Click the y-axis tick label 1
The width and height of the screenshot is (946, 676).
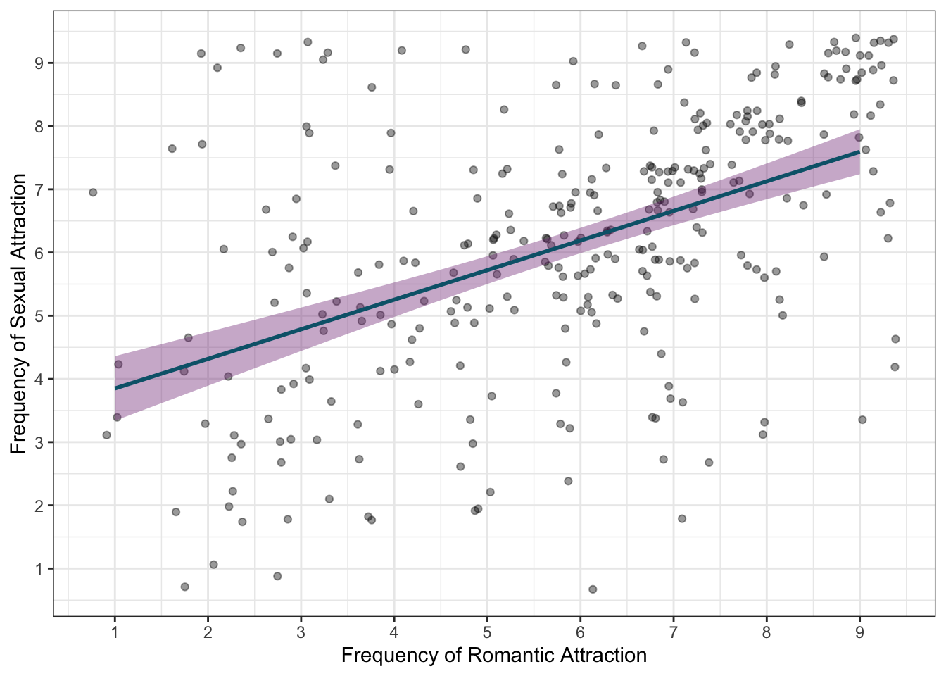[40, 569]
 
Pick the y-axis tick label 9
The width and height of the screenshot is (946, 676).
[40, 63]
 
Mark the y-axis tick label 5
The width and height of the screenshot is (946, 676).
[40, 316]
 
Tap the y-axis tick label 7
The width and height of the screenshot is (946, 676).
[40, 189]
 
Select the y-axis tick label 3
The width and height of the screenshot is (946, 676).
[40, 442]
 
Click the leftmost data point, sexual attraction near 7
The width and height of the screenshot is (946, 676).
[93, 192]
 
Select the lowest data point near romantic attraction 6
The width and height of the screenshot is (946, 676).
[593, 589]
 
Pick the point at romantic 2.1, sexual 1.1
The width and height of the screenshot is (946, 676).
[213, 565]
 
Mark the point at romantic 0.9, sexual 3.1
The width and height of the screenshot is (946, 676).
[106, 435]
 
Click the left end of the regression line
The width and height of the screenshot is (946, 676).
[115, 388]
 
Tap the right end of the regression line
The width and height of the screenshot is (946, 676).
[859, 151]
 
